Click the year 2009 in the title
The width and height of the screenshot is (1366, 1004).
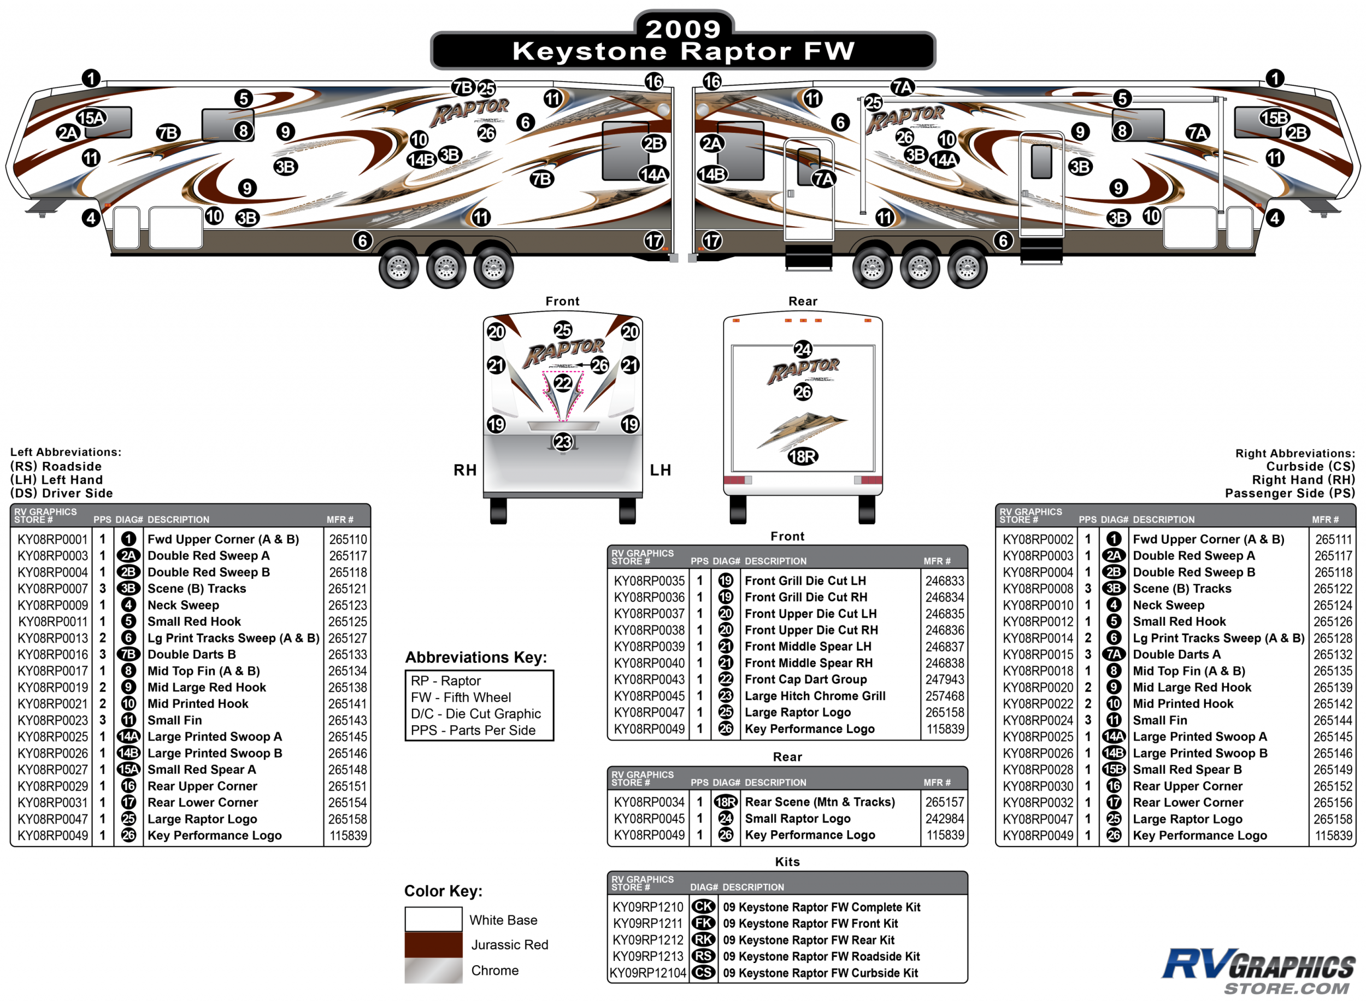(x=682, y=28)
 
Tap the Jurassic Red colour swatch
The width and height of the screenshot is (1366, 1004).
(x=433, y=944)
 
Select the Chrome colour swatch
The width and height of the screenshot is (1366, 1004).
(x=433, y=970)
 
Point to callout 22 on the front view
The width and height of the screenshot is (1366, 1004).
(x=563, y=383)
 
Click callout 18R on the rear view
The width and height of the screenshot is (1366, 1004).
(x=802, y=456)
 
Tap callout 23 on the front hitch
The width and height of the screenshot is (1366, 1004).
(x=563, y=442)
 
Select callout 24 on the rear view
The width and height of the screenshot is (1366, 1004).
(x=802, y=349)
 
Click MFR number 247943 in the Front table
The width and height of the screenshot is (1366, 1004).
(x=944, y=679)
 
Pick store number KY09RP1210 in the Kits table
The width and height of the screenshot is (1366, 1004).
(x=647, y=907)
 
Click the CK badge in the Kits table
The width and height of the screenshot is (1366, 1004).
(x=703, y=907)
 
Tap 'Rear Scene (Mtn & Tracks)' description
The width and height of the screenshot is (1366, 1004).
(x=820, y=802)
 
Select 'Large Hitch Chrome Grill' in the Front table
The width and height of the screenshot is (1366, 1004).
(x=815, y=696)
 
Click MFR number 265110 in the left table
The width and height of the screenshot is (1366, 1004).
(x=348, y=539)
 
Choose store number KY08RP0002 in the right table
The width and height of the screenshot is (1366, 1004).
(x=1038, y=539)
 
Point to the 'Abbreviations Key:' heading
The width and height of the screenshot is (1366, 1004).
(x=476, y=657)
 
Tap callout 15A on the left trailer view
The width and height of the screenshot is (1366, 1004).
(x=91, y=118)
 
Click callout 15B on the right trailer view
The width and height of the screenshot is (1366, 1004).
(x=1274, y=118)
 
